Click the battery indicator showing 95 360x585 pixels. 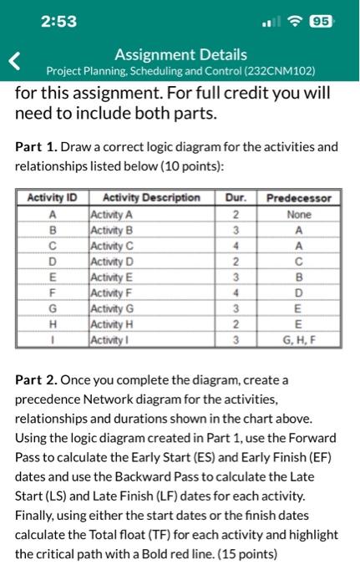pos(320,22)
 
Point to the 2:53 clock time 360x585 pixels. pos(58,22)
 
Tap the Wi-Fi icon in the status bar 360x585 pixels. pos(294,22)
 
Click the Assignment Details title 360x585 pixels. pos(180,55)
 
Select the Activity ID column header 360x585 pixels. pos(52,198)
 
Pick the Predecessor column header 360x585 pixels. pos(298,198)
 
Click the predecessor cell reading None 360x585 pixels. pos(298,214)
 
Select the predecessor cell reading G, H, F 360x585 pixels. pos(298,341)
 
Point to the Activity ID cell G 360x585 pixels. pos(52,309)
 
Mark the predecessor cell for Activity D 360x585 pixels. pos(298,262)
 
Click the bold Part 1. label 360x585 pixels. pos(37,147)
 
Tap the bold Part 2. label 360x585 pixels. pos(37,380)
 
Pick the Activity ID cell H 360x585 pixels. pos(52,325)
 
